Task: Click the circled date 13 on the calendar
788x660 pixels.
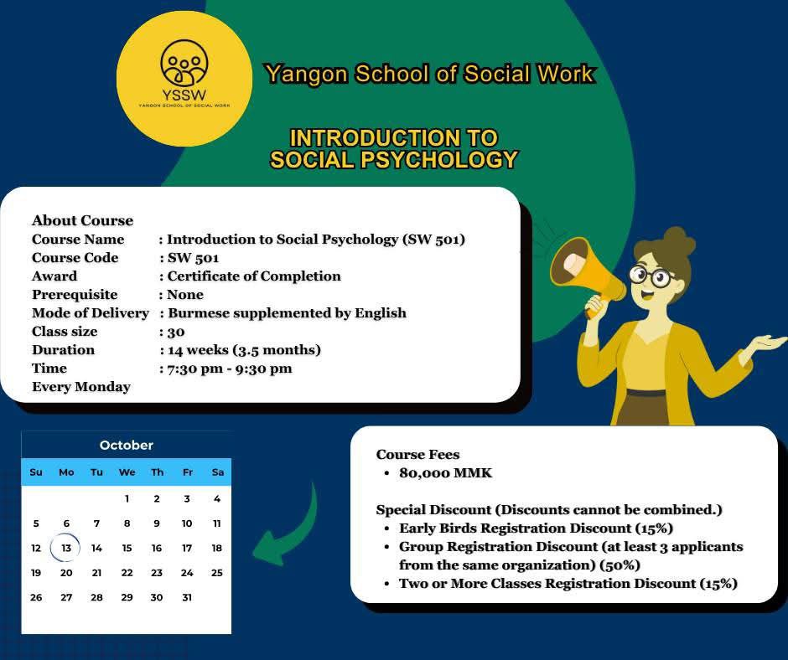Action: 66,548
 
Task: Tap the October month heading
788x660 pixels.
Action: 126,445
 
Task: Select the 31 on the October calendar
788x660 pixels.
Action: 187,597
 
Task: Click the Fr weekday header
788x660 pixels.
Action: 188,472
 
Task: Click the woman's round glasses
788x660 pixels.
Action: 653,276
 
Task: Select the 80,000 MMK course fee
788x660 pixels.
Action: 446,473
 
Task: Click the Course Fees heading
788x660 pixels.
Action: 417,455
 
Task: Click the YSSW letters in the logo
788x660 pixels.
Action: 184,95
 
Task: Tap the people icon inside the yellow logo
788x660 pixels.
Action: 184,63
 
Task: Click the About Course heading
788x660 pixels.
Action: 82,220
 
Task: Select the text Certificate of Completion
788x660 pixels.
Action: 254,276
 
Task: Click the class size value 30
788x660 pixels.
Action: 176,332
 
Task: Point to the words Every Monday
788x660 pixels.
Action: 81,387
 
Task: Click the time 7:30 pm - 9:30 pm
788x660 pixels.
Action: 230,369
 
